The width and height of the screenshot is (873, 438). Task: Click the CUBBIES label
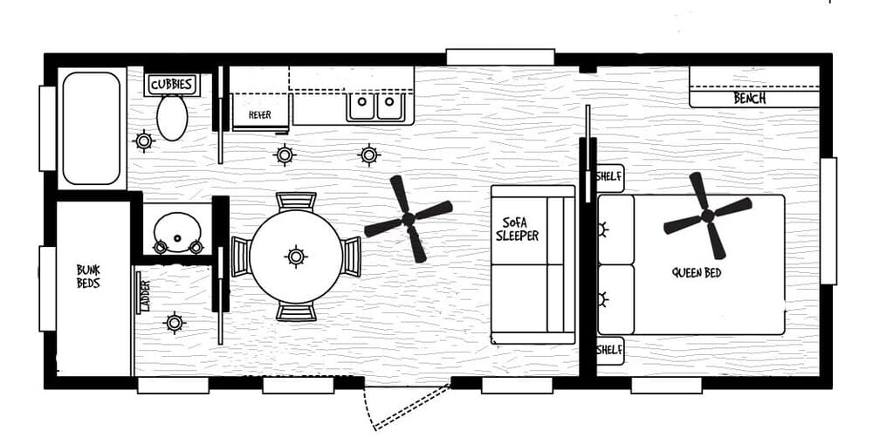coord(171,85)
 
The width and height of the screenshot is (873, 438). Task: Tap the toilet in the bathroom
coord(172,117)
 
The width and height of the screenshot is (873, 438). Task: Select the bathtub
coord(92,127)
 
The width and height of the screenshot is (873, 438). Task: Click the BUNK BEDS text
coord(88,277)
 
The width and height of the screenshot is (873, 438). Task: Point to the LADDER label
coord(144,295)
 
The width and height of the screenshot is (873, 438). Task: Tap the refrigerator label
coord(260,114)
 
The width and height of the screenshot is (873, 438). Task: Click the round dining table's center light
coord(296,256)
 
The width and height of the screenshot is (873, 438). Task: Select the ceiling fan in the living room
coord(408,218)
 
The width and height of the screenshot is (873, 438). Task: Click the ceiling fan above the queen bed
coord(707,215)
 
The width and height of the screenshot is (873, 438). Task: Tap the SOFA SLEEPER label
coord(517,229)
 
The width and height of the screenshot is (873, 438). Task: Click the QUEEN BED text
coord(697,272)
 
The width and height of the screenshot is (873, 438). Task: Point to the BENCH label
coord(749,99)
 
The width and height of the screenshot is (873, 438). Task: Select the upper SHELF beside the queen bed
coord(608,177)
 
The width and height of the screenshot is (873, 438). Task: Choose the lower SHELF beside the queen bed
coord(608,350)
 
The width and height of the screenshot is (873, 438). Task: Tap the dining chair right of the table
coord(351,256)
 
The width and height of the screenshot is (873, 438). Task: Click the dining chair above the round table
coord(296,202)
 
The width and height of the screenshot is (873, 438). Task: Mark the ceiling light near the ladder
coord(175,323)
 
